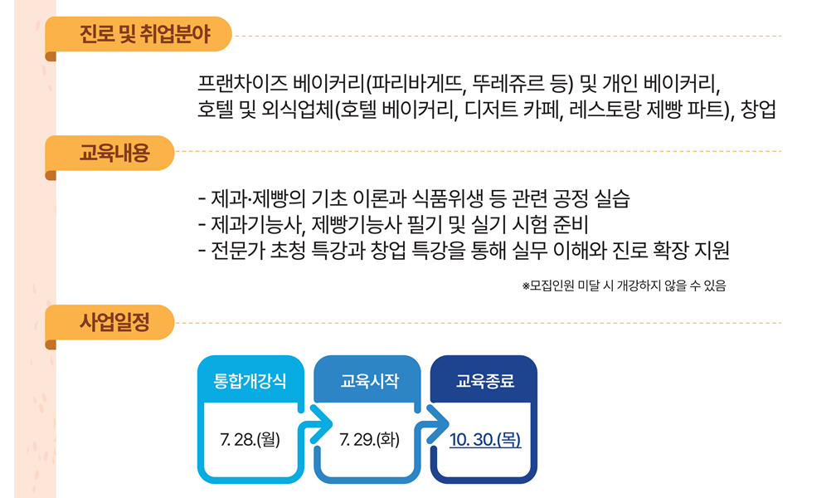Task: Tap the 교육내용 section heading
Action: point(114,153)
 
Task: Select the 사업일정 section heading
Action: point(114,322)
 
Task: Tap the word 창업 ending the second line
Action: point(759,110)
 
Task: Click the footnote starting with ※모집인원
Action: point(624,286)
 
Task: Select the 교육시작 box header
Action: point(369,382)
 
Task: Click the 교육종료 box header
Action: point(485,382)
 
